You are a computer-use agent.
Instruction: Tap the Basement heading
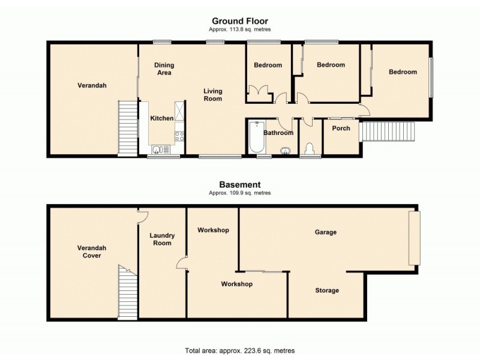pyautogui.click(x=239, y=185)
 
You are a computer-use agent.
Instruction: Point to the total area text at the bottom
pyautogui.click(x=239, y=350)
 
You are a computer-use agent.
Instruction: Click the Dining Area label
pyautogui.click(x=163, y=69)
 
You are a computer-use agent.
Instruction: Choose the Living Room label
pyautogui.click(x=212, y=95)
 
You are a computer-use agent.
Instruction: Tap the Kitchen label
pyautogui.click(x=161, y=119)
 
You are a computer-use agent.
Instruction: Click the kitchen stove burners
pyautogui.click(x=179, y=136)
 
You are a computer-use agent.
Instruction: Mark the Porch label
pyautogui.click(x=341, y=128)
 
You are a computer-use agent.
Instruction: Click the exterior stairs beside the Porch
pyautogui.click(x=388, y=130)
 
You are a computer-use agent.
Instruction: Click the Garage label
pyautogui.click(x=326, y=232)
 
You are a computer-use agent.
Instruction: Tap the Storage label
pyautogui.click(x=327, y=290)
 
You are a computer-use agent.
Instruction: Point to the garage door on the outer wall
pyautogui.click(x=414, y=238)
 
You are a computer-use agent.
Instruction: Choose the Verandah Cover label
pyautogui.click(x=89, y=251)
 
